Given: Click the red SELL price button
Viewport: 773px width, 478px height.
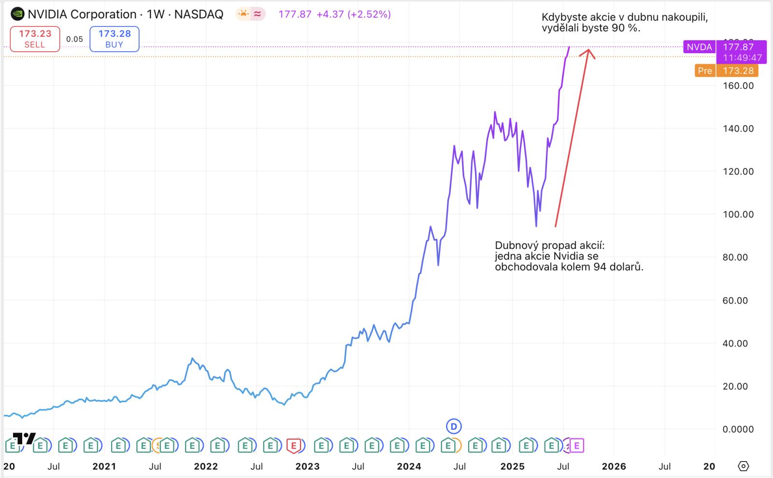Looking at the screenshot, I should [35, 39].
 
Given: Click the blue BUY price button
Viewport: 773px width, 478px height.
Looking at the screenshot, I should [115, 39].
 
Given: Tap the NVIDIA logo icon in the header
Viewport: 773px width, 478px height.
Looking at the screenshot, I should [17, 14].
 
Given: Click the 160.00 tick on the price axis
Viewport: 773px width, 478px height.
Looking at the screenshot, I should [737, 86].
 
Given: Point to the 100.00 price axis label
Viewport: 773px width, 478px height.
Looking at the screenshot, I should [737, 215].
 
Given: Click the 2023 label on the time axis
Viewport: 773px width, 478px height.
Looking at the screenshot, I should [307, 466].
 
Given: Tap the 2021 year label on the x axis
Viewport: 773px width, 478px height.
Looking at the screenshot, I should [104, 466].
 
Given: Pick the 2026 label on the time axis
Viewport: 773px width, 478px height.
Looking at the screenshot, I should [614, 466].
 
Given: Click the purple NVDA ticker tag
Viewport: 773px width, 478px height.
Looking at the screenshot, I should [699, 47].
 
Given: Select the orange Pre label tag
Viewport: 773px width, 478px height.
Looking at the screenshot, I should [705, 71].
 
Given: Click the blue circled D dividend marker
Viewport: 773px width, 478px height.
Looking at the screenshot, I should [454, 426].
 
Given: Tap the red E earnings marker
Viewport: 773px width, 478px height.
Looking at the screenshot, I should [293, 445].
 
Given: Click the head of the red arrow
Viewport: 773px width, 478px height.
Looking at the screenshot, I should [588, 51].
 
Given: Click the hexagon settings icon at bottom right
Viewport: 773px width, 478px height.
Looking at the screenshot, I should [744, 466].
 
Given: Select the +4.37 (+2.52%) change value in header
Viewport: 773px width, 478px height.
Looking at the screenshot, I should [353, 14].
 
